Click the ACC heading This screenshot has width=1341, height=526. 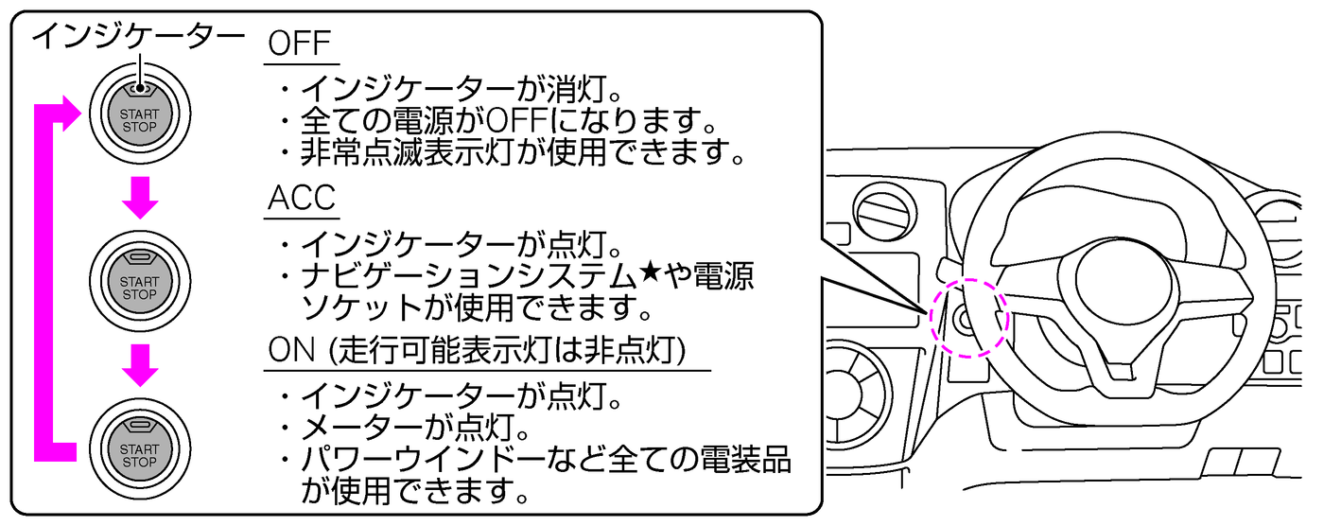302,200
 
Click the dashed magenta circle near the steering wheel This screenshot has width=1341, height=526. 967,318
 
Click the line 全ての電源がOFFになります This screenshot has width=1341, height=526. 507,121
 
